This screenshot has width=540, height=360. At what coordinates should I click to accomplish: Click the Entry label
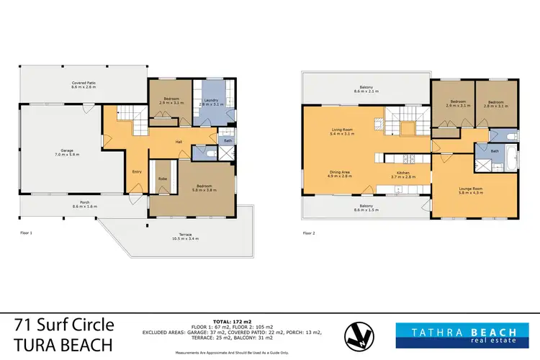coord(137,171)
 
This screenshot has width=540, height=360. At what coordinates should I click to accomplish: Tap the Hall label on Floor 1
coord(178,141)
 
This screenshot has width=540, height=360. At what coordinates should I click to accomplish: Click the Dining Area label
coord(340,174)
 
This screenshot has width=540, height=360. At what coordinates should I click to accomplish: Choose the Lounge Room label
coord(470,190)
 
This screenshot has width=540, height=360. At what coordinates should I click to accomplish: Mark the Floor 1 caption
coord(27,233)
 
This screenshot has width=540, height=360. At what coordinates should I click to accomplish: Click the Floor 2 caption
coord(310,233)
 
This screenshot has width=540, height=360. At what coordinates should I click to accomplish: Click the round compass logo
coord(358,333)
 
